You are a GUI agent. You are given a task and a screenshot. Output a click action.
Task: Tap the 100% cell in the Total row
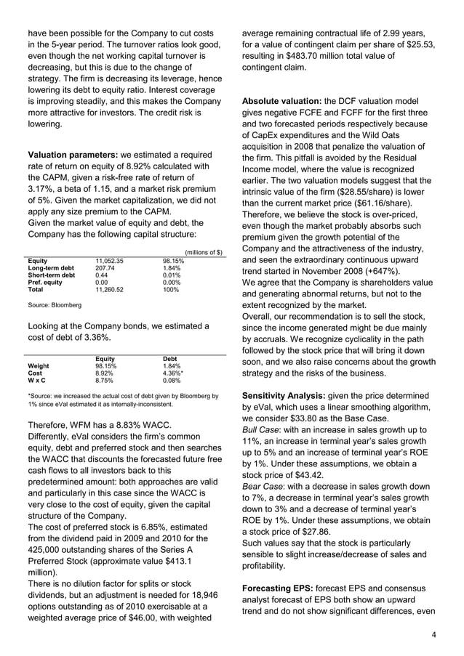click(x=170, y=289)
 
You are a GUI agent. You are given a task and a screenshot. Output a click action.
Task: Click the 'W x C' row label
click(x=36, y=380)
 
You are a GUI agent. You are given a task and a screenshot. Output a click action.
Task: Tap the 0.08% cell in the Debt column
click(x=172, y=380)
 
